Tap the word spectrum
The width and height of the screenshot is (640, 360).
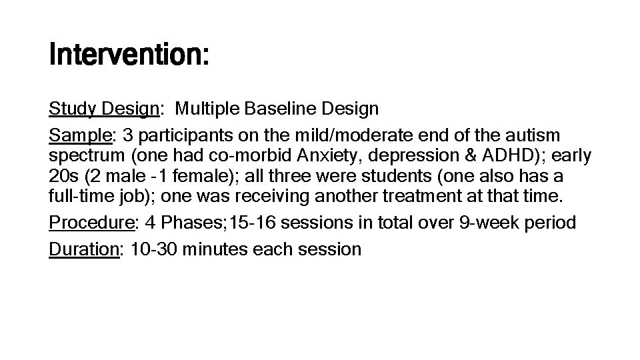(x=86, y=156)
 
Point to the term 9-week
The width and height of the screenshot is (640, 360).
(x=485, y=223)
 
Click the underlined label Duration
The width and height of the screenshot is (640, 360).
(x=83, y=249)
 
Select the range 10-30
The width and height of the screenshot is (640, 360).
(x=151, y=249)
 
